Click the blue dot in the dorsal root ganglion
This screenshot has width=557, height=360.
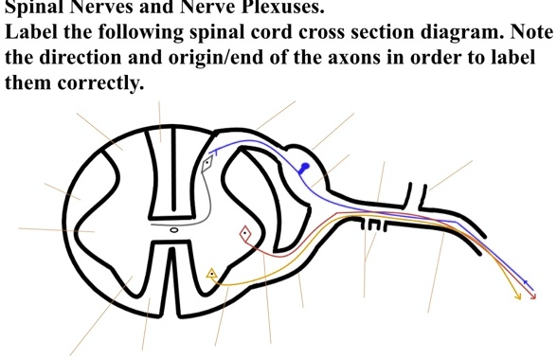[x=304, y=167]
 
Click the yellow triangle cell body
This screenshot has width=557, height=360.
[x=212, y=275]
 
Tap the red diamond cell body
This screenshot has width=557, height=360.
[x=244, y=232]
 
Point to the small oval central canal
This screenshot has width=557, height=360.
[x=173, y=229]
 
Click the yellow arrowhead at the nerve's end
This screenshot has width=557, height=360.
[x=518, y=297]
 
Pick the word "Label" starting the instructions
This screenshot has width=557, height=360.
[x=30, y=31]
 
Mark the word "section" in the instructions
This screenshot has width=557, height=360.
[x=389, y=31]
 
